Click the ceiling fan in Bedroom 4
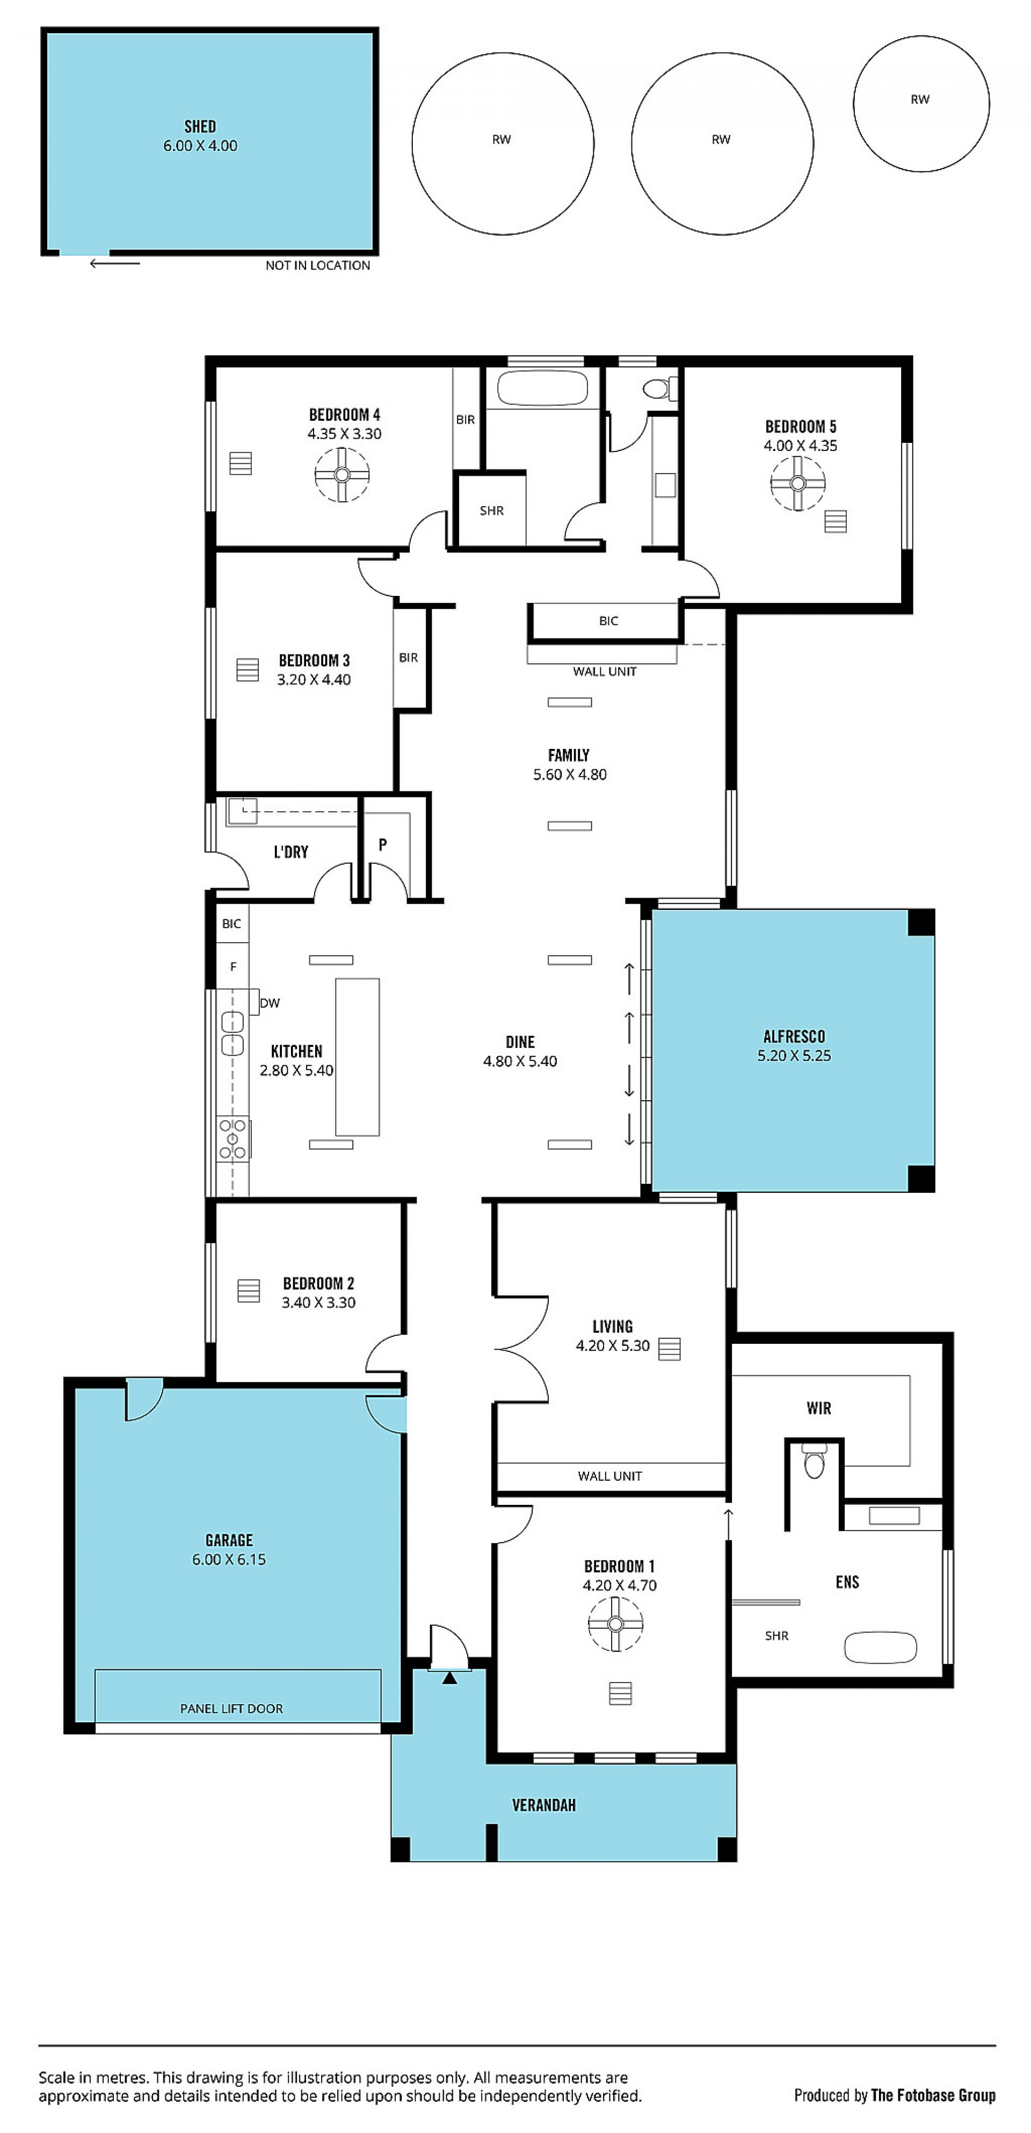click(342, 475)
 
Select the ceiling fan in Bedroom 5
click(798, 484)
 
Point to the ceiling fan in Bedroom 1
click(615, 1624)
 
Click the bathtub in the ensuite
click(880, 1647)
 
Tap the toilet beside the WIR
click(815, 1461)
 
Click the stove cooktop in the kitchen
click(233, 1139)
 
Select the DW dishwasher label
click(270, 1003)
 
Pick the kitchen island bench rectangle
click(357, 1057)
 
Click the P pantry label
click(382, 845)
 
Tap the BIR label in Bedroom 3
click(408, 658)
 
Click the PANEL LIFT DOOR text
click(232, 1708)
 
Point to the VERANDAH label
click(543, 1805)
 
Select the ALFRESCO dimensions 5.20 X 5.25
click(794, 1055)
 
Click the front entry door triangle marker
click(449, 1678)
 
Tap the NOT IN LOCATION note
click(318, 265)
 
